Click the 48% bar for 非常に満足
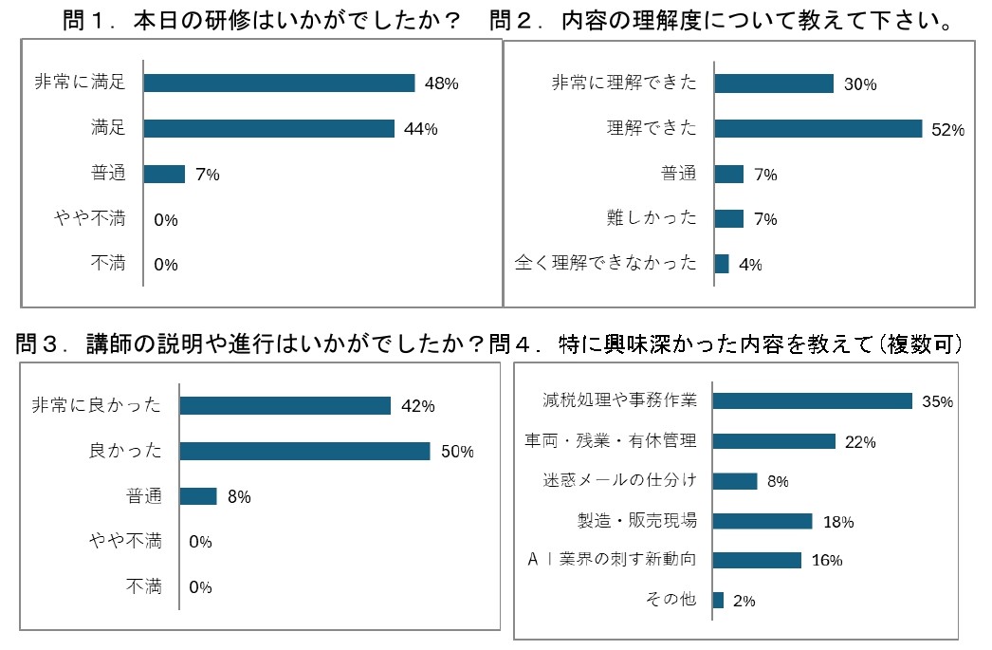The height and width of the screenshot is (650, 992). click(x=279, y=83)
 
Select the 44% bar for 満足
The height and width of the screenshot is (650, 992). click(x=268, y=128)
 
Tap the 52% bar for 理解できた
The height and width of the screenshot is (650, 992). click(x=817, y=128)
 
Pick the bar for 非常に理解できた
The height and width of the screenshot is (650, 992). click(x=774, y=84)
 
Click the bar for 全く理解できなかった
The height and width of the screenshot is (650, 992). click(x=722, y=264)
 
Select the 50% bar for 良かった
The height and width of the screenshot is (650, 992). click(x=304, y=451)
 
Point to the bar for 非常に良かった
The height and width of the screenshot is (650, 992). click(x=285, y=405)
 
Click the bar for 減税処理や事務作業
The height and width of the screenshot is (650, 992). click(x=812, y=400)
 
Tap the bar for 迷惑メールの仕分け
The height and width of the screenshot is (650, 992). click(x=735, y=481)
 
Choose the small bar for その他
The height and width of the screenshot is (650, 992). click(x=718, y=600)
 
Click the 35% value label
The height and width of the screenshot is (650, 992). click(x=937, y=401)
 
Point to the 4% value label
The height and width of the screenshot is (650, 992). click(x=750, y=265)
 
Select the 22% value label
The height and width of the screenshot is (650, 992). click(x=861, y=441)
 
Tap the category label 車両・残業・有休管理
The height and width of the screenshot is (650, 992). click(x=611, y=440)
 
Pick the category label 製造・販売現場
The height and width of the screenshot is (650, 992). click(x=637, y=520)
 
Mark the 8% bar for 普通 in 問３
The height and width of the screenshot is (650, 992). click(x=198, y=496)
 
